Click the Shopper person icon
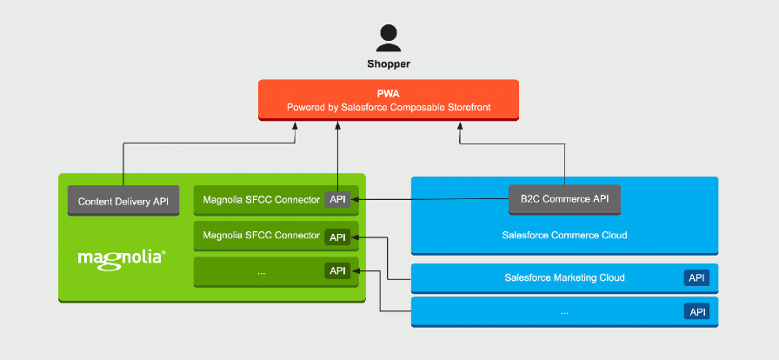(389, 37)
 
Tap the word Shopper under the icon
(388, 63)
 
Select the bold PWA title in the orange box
(388, 92)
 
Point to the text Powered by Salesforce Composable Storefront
(389, 107)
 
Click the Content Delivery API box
(123, 201)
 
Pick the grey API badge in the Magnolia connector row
(337, 200)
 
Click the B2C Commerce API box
(564, 199)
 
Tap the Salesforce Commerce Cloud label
(564, 235)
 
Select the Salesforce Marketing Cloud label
(564, 278)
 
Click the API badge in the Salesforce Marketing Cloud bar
(696, 278)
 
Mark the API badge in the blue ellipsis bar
(696, 311)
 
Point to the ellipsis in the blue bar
(564, 311)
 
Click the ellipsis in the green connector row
(261, 270)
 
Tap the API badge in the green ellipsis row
(337, 270)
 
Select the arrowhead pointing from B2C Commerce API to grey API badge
(356, 200)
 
